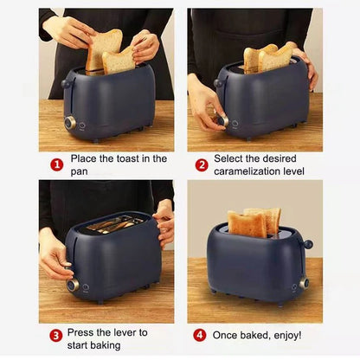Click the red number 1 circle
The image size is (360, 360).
pyautogui.click(x=57, y=165)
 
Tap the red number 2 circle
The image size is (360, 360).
pyautogui.click(x=202, y=165)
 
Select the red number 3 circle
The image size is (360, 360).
pyautogui.click(x=55, y=336)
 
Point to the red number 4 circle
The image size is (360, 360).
pyautogui.click(x=200, y=336)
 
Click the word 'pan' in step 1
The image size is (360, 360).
pyautogui.click(x=79, y=172)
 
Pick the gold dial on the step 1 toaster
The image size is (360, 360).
pyautogui.click(x=70, y=123)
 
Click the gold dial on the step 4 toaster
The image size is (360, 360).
pyautogui.click(x=304, y=284)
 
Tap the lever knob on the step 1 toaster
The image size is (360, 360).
pyautogui.click(x=65, y=83)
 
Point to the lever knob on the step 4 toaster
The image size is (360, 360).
pyautogui.click(x=308, y=244)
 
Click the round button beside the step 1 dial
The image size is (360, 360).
pyautogui.click(x=82, y=125)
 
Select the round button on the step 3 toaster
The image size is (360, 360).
pyautogui.click(x=86, y=287)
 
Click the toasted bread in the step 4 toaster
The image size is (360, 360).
pyautogui.click(x=254, y=222)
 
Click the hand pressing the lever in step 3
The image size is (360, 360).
pyautogui.click(x=55, y=257)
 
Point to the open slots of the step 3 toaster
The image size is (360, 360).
pyautogui.click(x=115, y=223)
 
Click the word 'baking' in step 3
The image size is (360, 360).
pyautogui.click(x=106, y=345)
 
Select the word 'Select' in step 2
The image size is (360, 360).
pyautogui.click(x=228, y=158)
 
